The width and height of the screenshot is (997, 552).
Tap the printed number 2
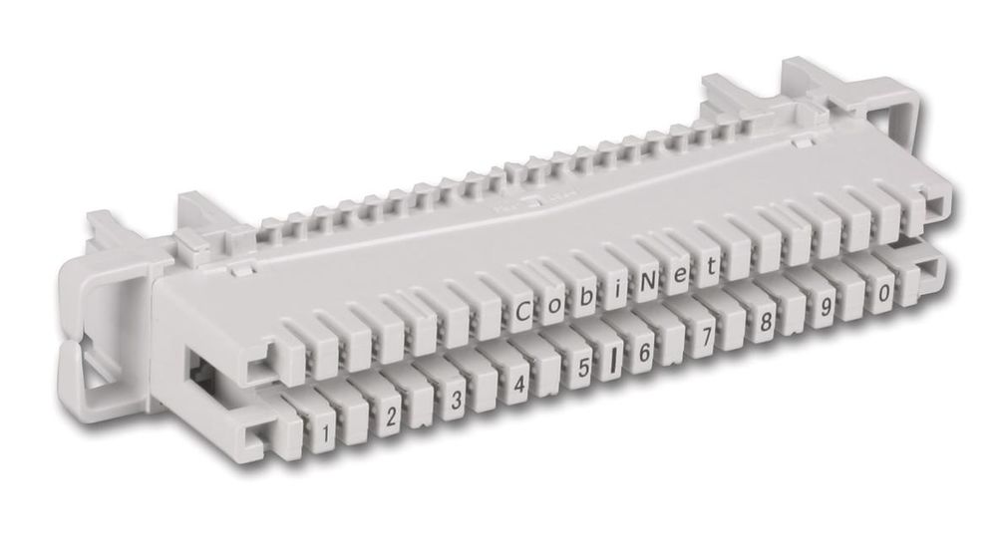click(391, 417)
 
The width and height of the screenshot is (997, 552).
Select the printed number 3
click(456, 401)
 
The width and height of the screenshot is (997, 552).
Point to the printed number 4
click(519, 385)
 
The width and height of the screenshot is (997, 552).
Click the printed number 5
click(583, 369)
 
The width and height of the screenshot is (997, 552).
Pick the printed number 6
click(644, 353)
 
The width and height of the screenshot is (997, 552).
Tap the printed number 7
click(706, 338)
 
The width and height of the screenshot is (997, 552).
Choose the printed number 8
click(766, 323)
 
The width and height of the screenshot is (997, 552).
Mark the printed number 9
click(826, 308)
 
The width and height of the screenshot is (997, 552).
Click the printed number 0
click(883, 294)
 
